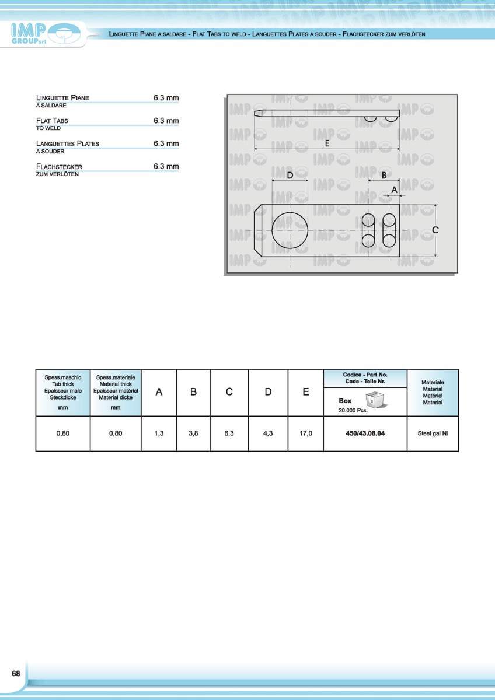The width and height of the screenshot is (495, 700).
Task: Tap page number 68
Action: (x=16, y=673)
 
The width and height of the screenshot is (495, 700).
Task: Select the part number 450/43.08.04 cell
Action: (x=365, y=433)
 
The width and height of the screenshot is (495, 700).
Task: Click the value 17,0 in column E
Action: (x=305, y=433)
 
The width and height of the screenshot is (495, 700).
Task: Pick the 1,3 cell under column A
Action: (x=159, y=433)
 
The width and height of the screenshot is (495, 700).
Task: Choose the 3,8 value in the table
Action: (x=193, y=433)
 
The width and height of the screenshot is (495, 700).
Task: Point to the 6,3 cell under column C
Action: (x=229, y=433)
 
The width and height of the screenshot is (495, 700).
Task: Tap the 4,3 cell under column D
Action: (x=268, y=433)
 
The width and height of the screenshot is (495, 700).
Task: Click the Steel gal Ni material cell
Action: (x=433, y=433)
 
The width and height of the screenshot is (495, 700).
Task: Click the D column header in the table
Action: (x=268, y=392)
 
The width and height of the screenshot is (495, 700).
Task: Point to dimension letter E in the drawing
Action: (x=327, y=143)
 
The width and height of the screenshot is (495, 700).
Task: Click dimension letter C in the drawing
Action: (x=435, y=230)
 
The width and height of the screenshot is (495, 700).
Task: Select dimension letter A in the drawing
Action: (x=395, y=190)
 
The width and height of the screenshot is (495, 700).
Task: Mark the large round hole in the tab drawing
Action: (x=290, y=230)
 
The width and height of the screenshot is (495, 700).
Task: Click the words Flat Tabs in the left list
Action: (x=52, y=121)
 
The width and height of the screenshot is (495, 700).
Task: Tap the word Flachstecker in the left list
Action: (x=59, y=167)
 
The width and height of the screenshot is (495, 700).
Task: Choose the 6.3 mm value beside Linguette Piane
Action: (x=166, y=98)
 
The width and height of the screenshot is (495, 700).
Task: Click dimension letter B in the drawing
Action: (x=384, y=174)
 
